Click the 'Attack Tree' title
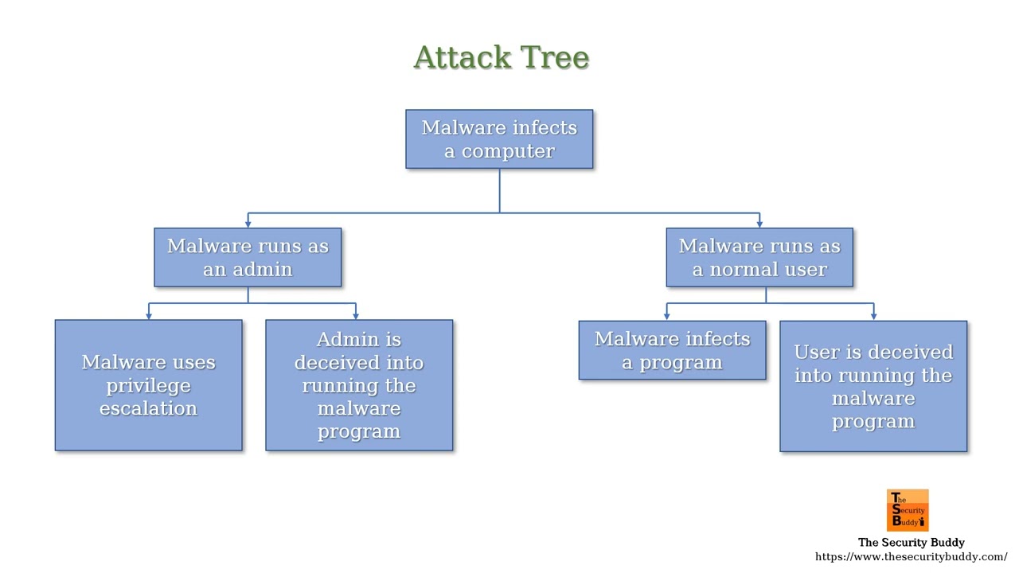click(x=501, y=57)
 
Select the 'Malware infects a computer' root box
click(x=499, y=139)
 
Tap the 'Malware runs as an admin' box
click(x=248, y=257)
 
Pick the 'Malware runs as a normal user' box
click(x=759, y=257)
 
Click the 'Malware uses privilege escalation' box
click(x=148, y=385)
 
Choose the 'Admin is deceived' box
click(x=359, y=385)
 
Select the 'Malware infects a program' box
click(x=672, y=350)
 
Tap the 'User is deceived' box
click(x=873, y=386)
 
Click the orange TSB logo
click(x=908, y=510)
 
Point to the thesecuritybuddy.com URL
click(x=911, y=557)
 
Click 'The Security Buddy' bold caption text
click(x=911, y=543)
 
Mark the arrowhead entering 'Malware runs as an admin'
click(x=248, y=224)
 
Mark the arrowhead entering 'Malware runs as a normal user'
click(x=759, y=224)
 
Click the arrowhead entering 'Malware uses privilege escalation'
click(x=148, y=315)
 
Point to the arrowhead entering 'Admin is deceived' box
click(x=355, y=315)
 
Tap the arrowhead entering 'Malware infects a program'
click(x=666, y=316)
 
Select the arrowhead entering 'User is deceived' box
click(x=873, y=316)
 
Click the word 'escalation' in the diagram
click(x=148, y=408)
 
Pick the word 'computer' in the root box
click(x=508, y=151)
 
